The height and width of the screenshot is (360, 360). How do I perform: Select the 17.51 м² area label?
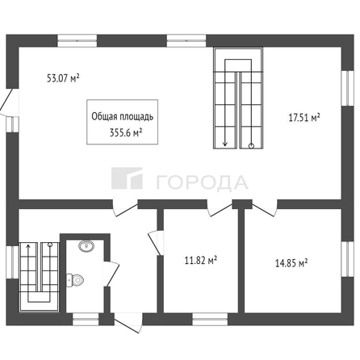[305, 118]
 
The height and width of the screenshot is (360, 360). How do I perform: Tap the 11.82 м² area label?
[201, 260]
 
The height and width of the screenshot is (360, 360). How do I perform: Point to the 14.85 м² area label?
[292, 262]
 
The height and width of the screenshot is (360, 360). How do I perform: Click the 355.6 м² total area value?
[126, 133]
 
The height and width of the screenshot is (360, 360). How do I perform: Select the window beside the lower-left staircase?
[10, 270]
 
